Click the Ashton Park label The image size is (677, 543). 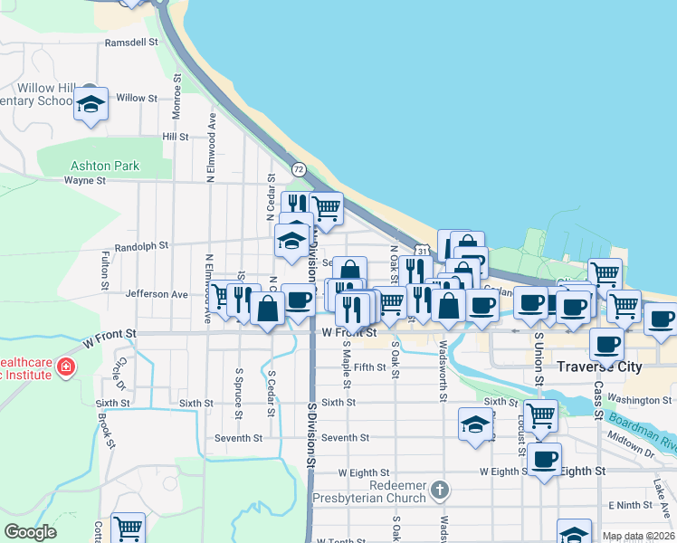coord(105,166)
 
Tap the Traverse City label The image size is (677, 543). coord(599,367)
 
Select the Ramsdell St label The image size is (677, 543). coord(131,42)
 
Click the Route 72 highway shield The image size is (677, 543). coord(299,169)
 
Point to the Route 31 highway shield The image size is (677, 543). coord(422,249)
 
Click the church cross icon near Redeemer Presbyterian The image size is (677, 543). coord(439,490)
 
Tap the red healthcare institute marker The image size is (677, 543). coord(65,367)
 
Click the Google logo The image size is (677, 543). coord(30,532)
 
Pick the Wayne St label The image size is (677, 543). coord(85,180)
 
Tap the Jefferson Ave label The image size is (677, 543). coord(157,294)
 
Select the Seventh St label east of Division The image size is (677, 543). coord(345,437)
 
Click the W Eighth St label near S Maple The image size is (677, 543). coord(363,472)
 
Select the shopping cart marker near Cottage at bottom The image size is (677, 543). coord(129,528)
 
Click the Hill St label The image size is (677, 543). coord(176,137)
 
